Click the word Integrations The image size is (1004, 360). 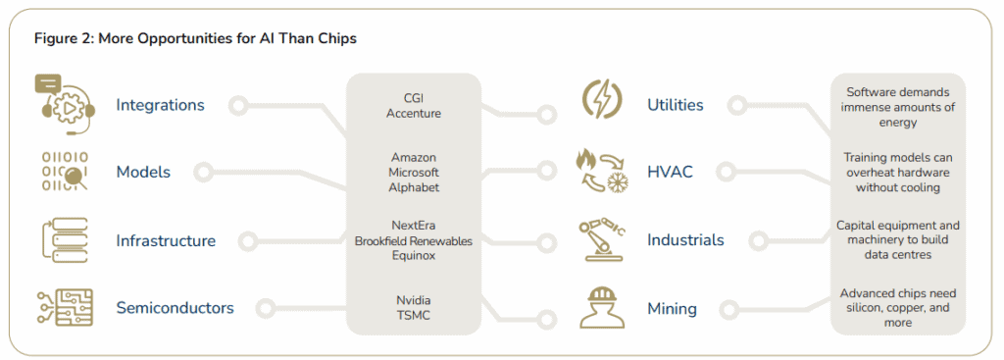tap(160, 105)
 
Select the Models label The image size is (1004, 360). tap(143, 172)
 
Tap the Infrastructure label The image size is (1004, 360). tap(166, 240)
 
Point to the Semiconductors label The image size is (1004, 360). tap(175, 308)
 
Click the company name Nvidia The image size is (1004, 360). tap(413, 299)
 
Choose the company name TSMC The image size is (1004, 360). tap(413, 315)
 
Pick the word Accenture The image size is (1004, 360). tap(414, 114)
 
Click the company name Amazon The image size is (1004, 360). tap(413, 157)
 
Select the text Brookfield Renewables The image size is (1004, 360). tap(413, 241)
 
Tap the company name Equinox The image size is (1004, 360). tap(413, 256)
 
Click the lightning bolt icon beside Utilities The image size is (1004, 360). tap(599, 100)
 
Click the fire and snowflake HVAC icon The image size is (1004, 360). tap(599, 170)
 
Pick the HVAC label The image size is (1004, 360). tap(670, 172)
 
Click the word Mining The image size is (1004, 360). tap(672, 309)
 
